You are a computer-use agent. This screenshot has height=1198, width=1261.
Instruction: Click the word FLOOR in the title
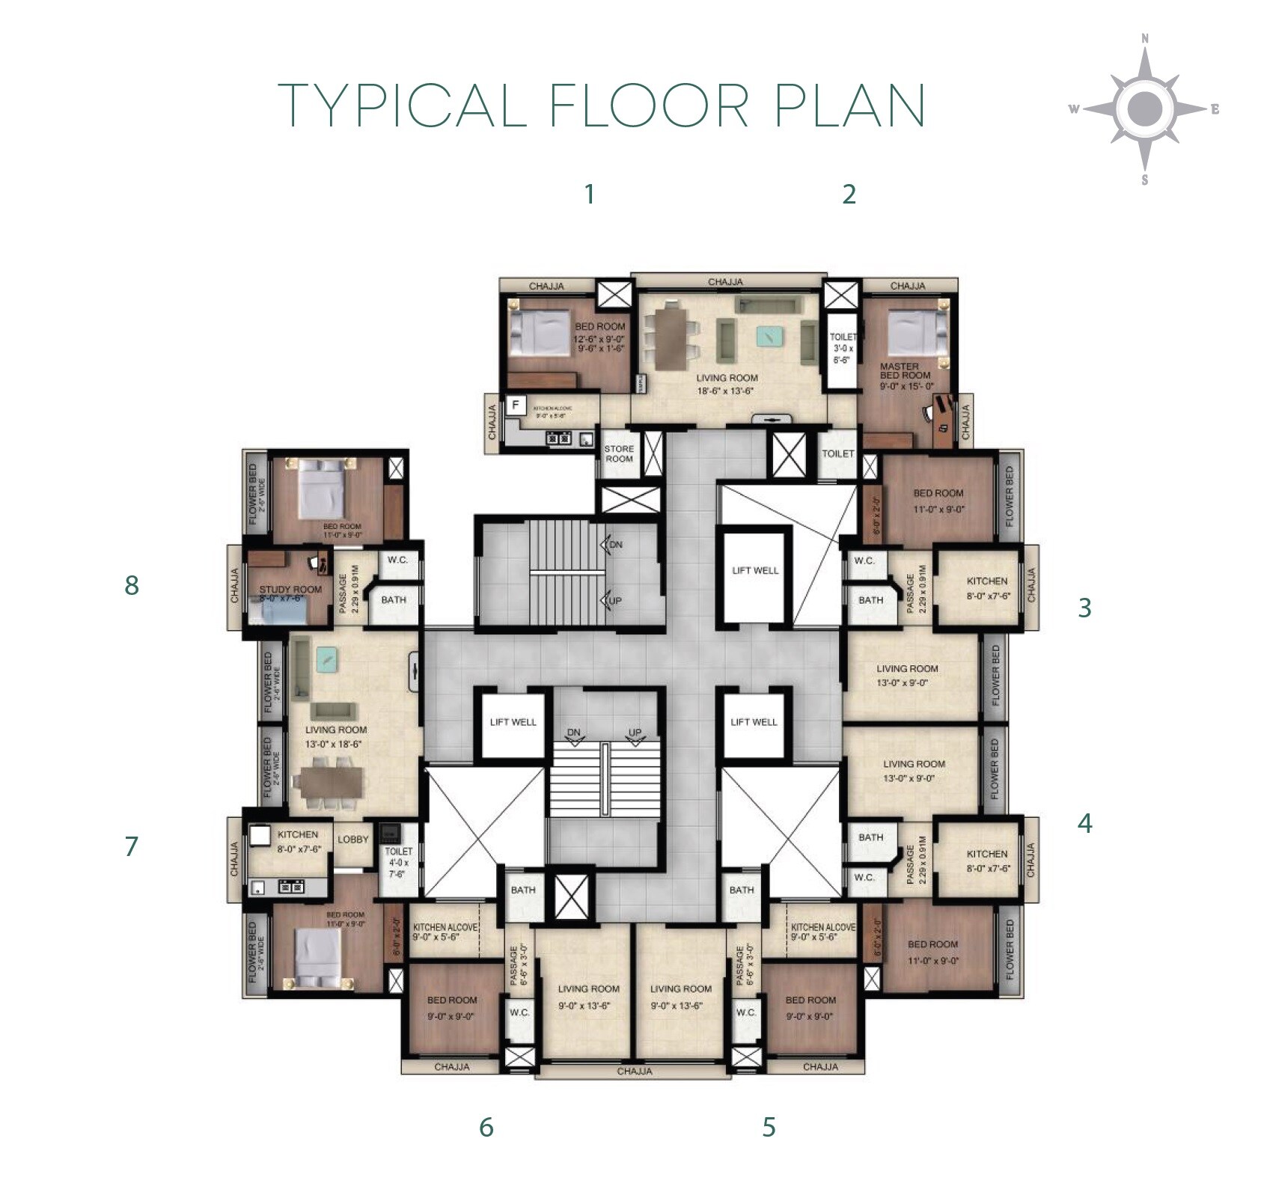[x=649, y=106]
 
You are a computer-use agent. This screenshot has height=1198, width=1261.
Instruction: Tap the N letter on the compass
[x=1144, y=39]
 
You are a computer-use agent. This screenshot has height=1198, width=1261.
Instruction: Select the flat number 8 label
[x=132, y=585]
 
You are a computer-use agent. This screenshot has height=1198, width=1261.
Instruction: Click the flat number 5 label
[x=769, y=1127]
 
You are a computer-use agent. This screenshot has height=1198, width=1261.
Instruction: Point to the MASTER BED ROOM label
[x=905, y=371]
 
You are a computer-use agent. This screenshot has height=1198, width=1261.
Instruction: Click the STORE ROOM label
[x=619, y=453]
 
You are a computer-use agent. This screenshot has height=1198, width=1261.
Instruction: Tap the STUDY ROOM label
[x=290, y=590]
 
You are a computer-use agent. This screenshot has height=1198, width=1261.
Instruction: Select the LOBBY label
[x=352, y=840]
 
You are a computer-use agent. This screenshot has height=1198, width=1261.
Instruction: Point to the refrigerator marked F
[x=515, y=405]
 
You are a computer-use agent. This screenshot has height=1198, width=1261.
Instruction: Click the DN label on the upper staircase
[x=615, y=545]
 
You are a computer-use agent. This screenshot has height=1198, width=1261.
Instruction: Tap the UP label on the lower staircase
[x=635, y=733]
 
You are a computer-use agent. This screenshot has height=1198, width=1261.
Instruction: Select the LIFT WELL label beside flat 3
[x=755, y=570]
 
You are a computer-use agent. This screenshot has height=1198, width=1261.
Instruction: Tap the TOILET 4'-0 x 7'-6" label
[x=398, y=862]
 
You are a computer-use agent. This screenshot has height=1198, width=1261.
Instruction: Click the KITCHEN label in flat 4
[x=986, y=854]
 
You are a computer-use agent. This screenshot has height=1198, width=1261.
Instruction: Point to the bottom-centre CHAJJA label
[x=634, y=1072]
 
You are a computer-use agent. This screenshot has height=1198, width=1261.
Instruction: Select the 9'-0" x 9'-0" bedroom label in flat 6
[x=452, y=1016]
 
